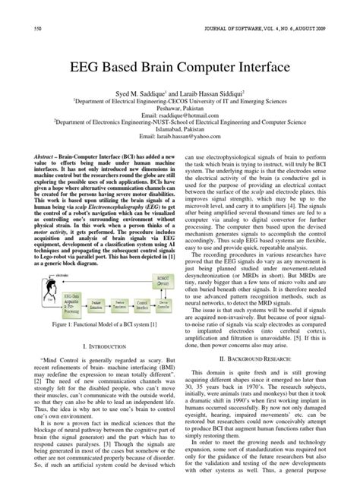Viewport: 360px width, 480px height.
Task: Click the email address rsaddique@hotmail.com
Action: [180, 126]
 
